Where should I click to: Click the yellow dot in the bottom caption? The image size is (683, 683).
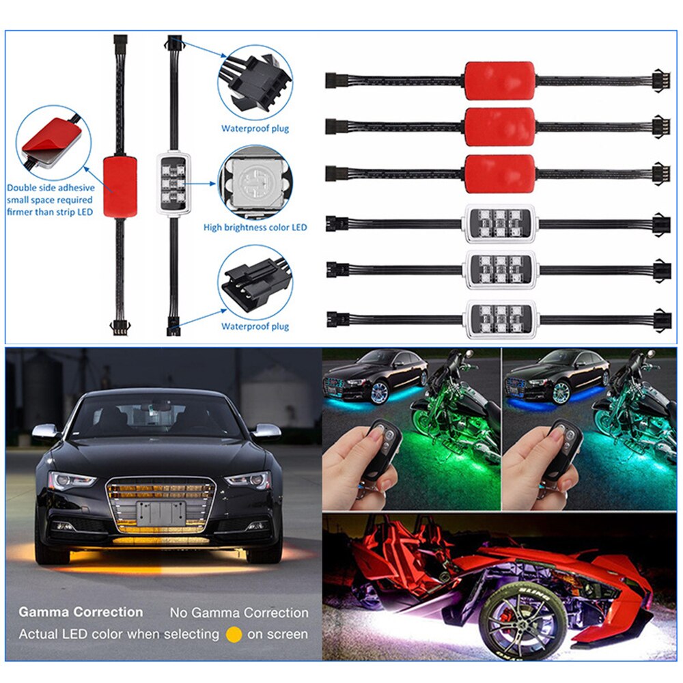[234, 635]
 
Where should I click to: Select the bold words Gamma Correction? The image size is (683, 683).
[81, 612]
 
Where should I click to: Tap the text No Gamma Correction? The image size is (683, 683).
[239, 613]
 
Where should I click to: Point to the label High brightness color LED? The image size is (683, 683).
[255, 227]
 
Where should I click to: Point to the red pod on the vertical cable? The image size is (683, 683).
[120, 185]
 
